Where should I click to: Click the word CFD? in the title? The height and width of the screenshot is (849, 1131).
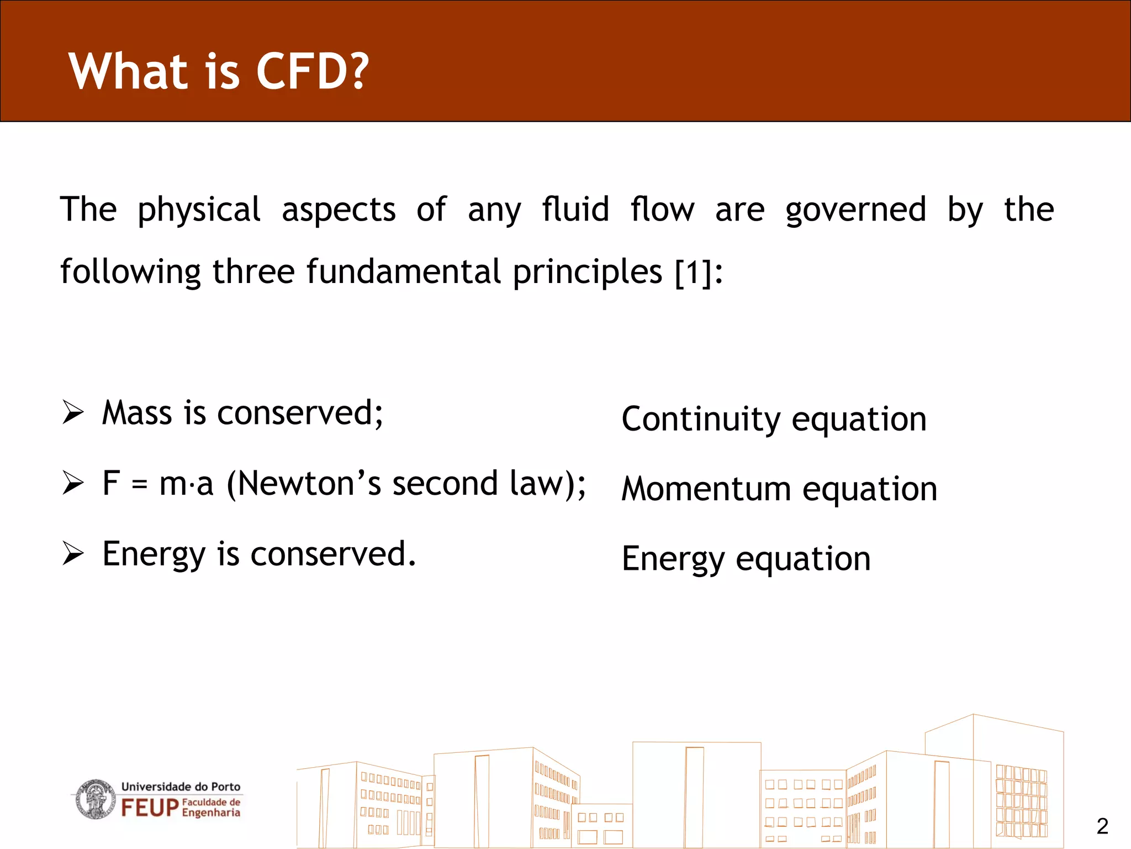point(312,71)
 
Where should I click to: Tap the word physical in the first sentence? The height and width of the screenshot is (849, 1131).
point(199,210)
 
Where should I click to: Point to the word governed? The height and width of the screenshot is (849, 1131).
point(856,210)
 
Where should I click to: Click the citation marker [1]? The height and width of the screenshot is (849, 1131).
point(694,272)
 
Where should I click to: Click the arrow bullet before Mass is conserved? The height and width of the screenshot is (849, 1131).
point(72,413)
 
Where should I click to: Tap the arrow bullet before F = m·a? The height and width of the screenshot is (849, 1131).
point(72,483)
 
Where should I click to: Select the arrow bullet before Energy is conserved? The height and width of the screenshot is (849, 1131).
point(72,554)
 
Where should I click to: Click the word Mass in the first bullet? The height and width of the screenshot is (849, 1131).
point(137,413)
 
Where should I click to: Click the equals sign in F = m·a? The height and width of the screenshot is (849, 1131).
point(140,485)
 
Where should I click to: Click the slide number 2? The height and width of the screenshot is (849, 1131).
point(1102,826)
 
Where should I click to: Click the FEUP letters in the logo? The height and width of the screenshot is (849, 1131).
point(150,808)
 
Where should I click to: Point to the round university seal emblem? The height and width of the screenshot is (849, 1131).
point(95,799)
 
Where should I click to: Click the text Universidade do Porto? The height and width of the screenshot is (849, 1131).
point(181,786)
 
